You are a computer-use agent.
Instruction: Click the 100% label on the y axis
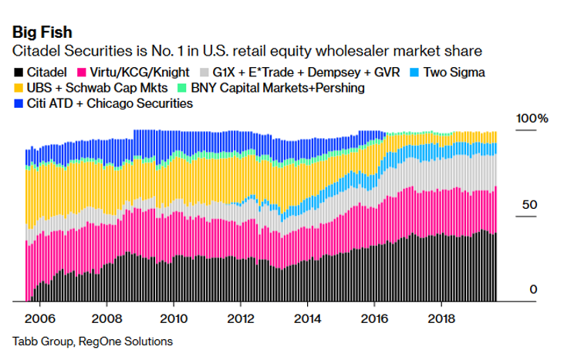[532, 119]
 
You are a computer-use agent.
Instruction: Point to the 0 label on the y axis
[532, 289]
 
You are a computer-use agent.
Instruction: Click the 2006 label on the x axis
[41, 318]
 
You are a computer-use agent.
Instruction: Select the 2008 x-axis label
[107, 318]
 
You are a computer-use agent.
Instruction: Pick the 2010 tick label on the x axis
[174, 318]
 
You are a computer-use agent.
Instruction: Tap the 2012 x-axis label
[241, 318]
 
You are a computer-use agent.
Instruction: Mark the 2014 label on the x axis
[307, 318]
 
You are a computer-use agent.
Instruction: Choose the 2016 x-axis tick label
[374, 318]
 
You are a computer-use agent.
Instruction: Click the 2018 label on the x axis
[441, 318]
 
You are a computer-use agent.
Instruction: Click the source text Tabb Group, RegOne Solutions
[93, 341]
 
